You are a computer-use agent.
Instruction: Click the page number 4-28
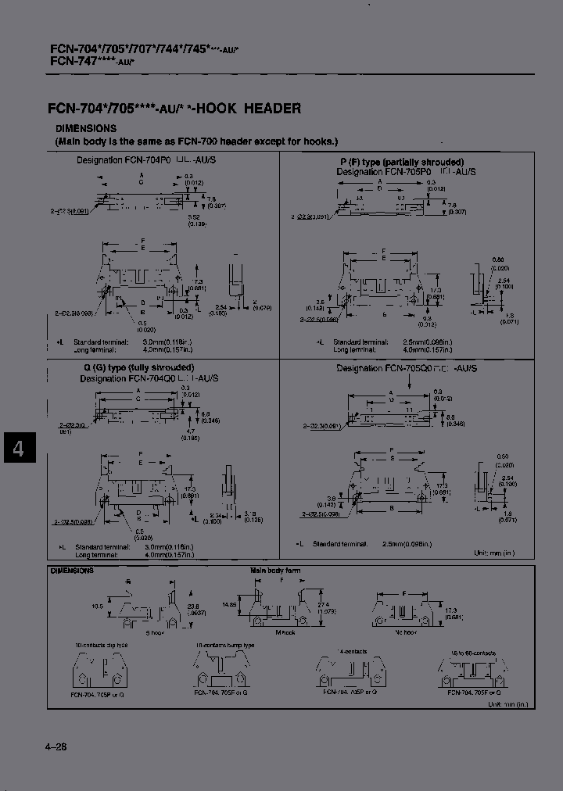56,746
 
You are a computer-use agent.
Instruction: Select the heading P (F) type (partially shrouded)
396,162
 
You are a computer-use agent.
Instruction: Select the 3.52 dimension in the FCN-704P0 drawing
195,217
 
